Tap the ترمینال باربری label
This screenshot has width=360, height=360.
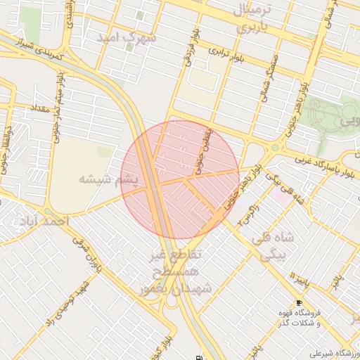pyautogui.click(x=251, y=20)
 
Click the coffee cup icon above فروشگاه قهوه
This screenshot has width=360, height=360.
pyautogui.click(x=300, y=303)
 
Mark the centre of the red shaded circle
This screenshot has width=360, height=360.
pyautogui.click(x=181, y=179)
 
